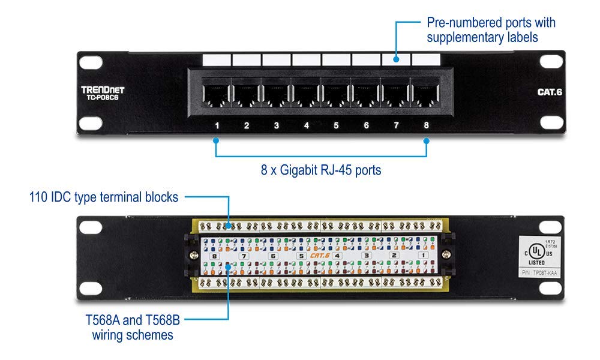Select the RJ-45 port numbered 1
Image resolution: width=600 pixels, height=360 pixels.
(217, 95)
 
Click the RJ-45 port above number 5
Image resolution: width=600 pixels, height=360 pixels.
(336, 95)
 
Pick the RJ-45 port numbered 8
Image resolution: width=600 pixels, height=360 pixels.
(425, 95)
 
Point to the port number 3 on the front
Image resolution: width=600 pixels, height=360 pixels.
(276, 126)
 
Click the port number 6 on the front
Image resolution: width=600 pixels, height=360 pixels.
(366, 126)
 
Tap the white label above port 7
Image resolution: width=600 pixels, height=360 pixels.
(395, 60)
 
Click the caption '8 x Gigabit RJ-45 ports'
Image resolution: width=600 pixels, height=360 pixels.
(322, 170)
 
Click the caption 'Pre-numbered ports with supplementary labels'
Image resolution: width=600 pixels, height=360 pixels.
(491, 29)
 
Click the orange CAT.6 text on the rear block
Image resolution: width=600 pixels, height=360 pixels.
(319, 256)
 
